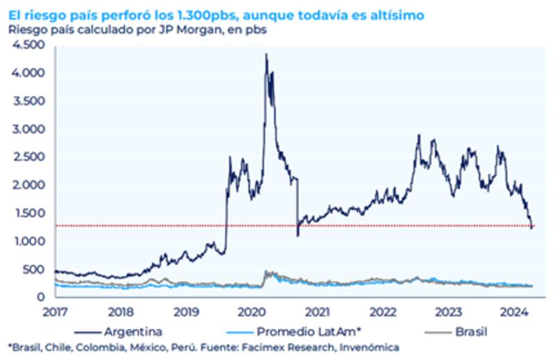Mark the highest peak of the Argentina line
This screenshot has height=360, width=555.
pos(266,54)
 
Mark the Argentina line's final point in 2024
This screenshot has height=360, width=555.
pos(532,226)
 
